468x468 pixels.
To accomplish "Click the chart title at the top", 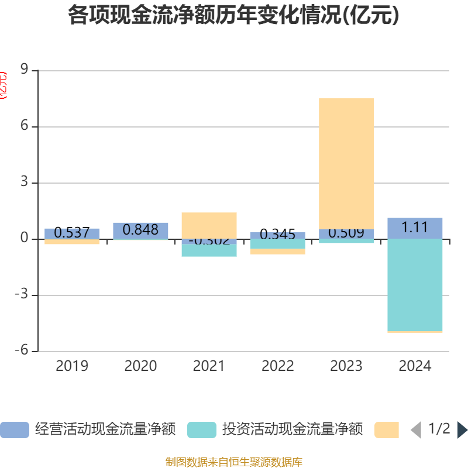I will [233, 16].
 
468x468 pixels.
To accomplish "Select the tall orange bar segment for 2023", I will [346, 163].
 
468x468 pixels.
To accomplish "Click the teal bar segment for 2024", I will [415, 284].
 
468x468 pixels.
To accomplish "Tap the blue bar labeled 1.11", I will [415, 228].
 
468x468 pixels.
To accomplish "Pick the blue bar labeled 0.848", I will [140, 230].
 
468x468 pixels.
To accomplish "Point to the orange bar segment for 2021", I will [209, 225].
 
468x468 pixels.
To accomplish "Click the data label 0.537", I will [71, 233].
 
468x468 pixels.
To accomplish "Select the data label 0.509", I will [346, 233].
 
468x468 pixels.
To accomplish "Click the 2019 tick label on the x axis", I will [72, 366].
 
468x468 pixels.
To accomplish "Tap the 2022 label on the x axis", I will [278, 366].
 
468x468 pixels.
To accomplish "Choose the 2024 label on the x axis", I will [415, 366].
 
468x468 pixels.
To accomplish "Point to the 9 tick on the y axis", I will [25, 70].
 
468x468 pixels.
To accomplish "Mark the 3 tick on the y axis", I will [25, 183].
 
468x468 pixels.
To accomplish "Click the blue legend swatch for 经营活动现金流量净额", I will [14, 429].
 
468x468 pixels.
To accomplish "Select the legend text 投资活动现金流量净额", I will [292, 429].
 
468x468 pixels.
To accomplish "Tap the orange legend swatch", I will [386, 429].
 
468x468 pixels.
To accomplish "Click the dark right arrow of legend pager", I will [462, 429].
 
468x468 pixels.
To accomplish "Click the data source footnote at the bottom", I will [233, 462].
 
